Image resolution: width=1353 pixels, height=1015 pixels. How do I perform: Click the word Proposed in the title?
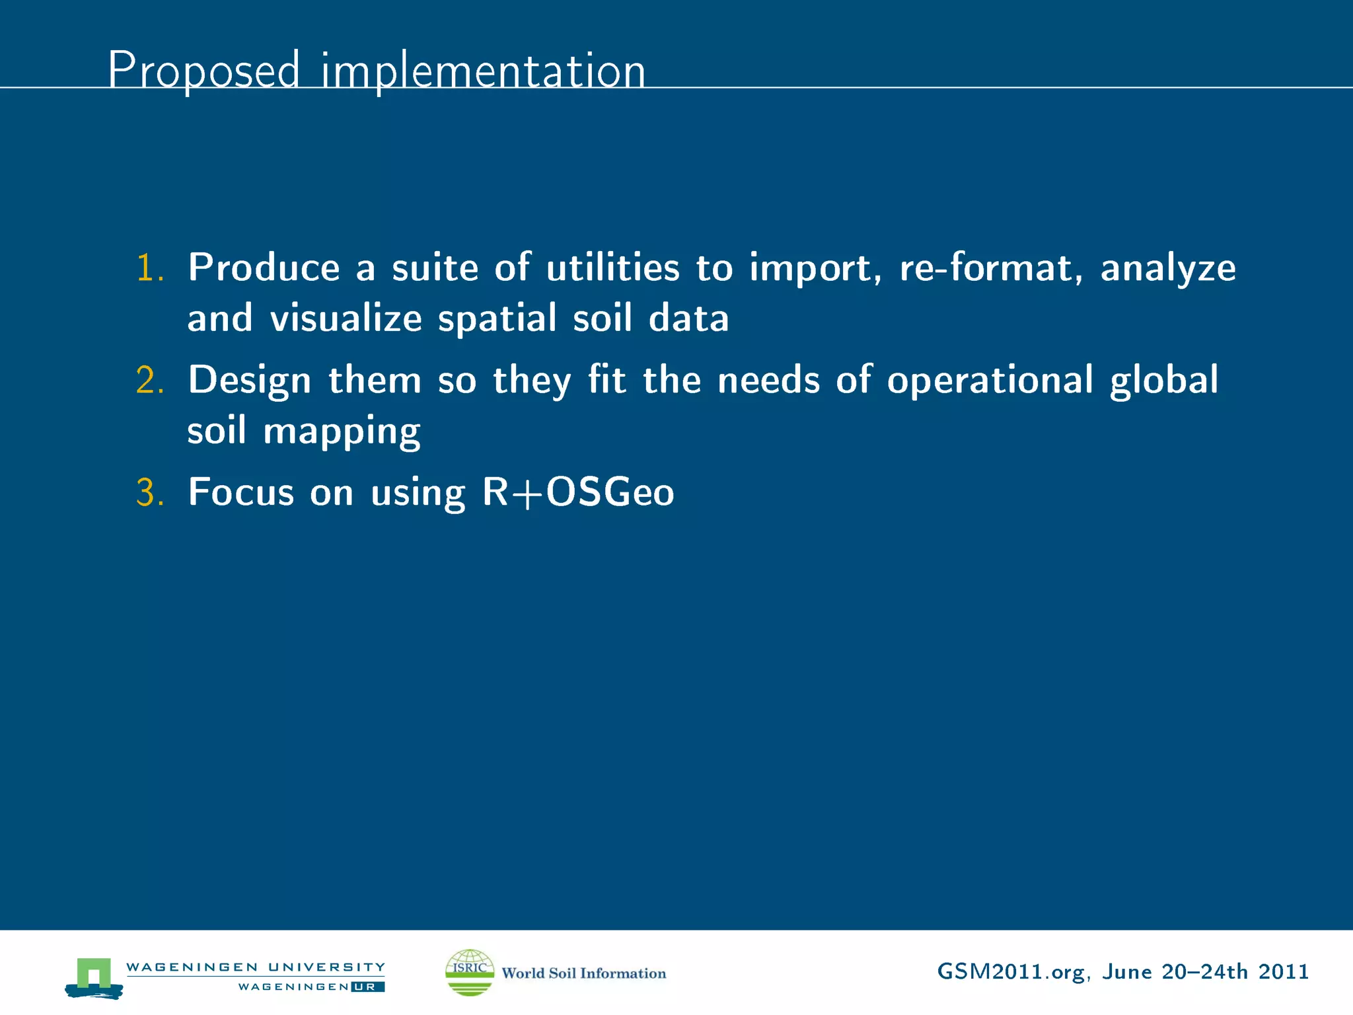pos(203,70)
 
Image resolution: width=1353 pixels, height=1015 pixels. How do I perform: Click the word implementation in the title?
pos(483,71)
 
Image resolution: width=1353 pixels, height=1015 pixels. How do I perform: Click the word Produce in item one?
pos(264,268)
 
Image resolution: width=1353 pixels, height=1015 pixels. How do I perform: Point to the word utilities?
pos(612,268)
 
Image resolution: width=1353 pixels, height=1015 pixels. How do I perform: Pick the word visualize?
pos(346,319)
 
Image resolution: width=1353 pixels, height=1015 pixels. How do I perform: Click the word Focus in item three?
pos(240,493)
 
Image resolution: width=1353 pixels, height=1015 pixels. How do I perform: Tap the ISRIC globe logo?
pos(469,972)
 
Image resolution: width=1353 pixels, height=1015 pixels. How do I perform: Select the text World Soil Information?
pos(583,973)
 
